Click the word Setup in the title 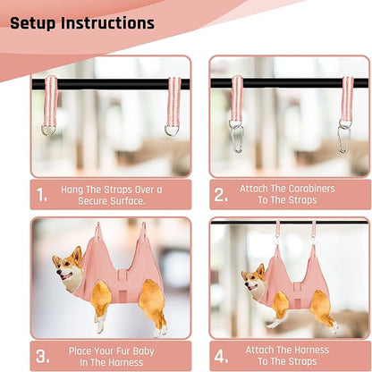(x=33, y=23)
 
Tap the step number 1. (x=41, y=195)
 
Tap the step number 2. (x=221, y=195)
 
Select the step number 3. (x=42, y=356)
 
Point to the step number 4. (x=221, y=356)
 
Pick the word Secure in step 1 (x=93, y=201)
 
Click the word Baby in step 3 (x=143, y=351)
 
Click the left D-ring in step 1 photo (x=48, y=131)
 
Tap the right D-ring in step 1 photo (x=172, y=131)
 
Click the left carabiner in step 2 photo (x=238, y=138)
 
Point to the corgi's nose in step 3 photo (x=58, y=272)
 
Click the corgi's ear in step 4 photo (x=261, y=270)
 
